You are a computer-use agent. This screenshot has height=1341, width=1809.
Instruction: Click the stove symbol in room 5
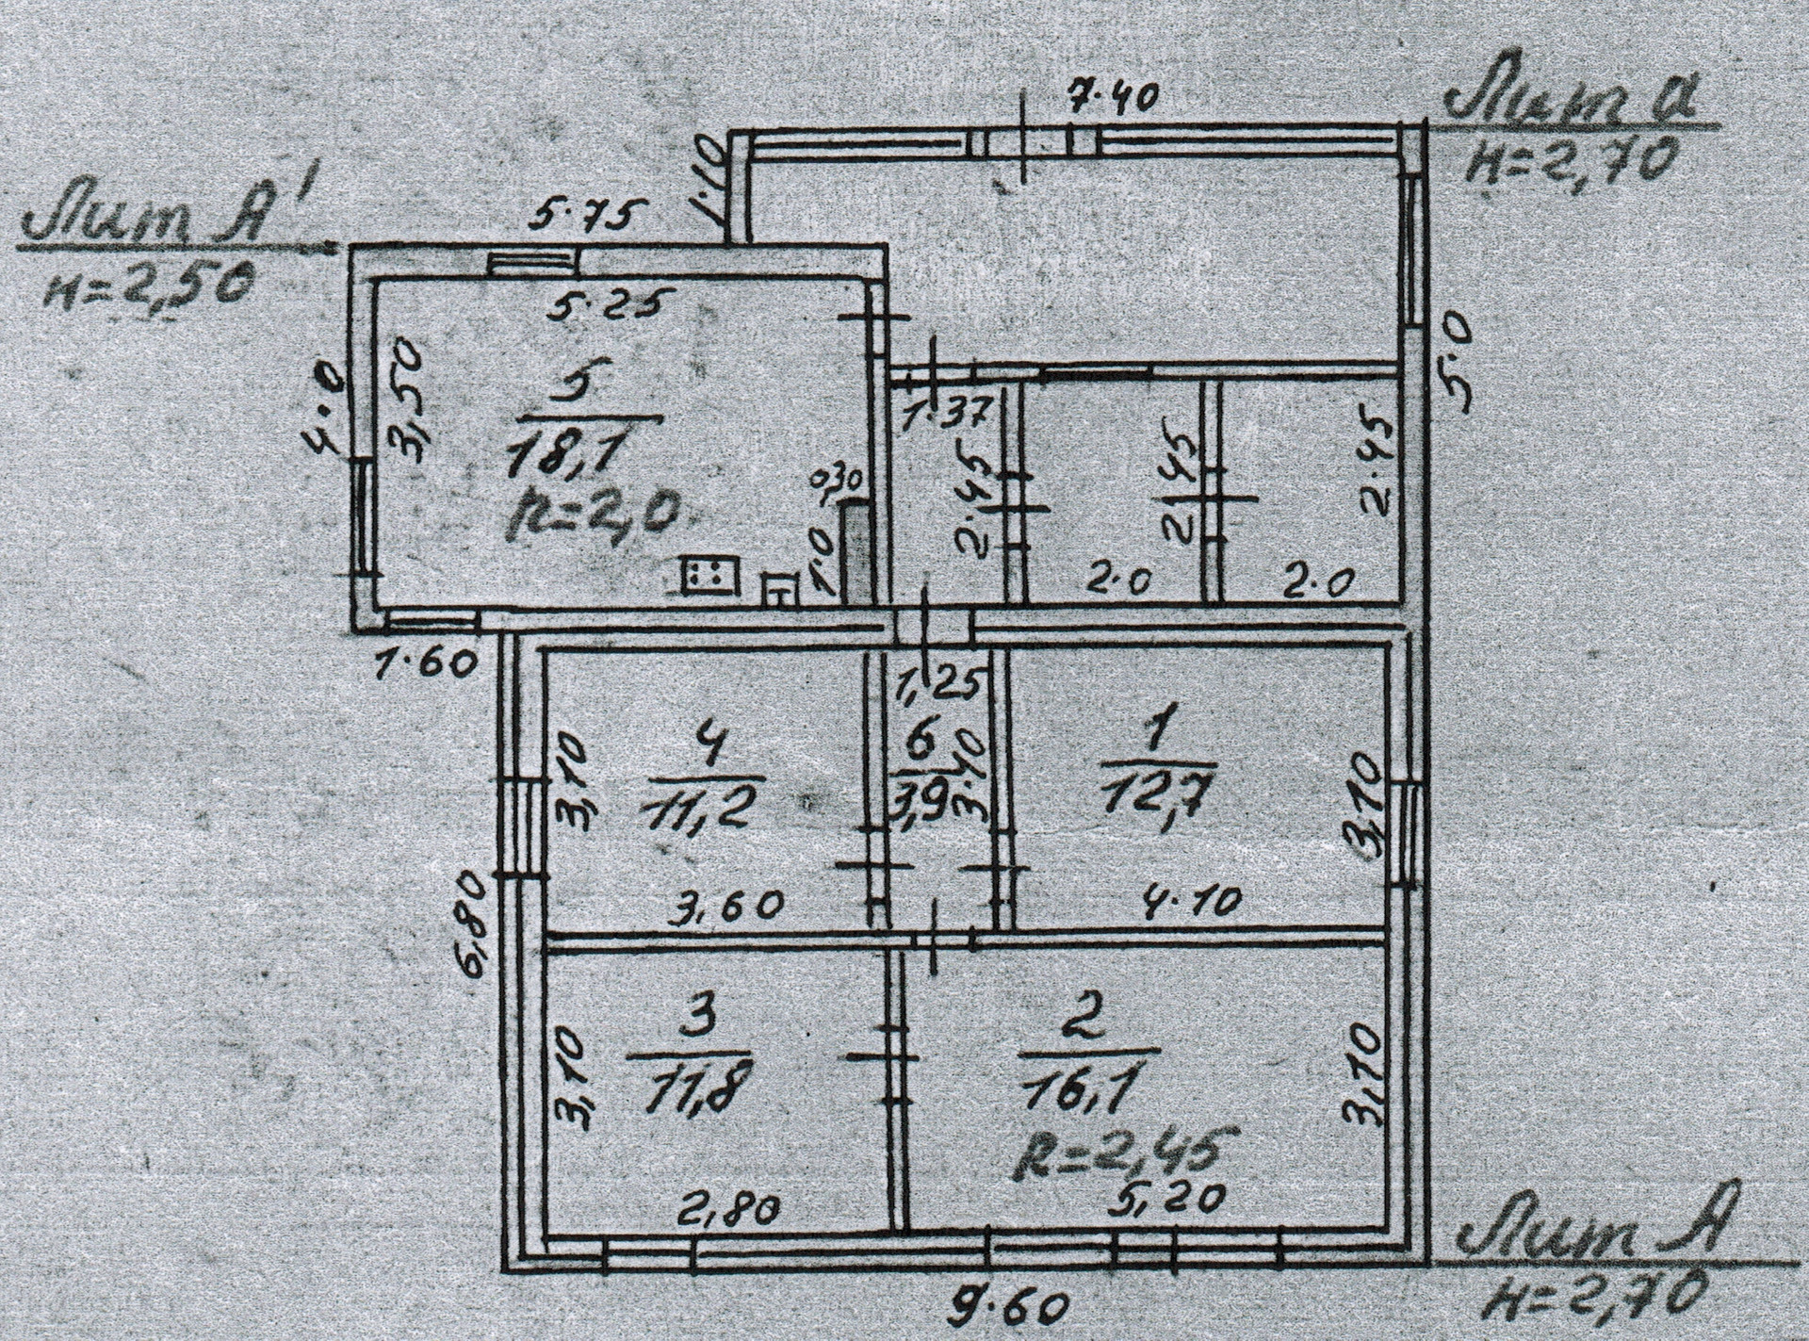710,576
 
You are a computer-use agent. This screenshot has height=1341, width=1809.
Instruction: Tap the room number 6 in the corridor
920,742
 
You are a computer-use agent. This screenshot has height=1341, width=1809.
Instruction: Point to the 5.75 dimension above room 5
586,216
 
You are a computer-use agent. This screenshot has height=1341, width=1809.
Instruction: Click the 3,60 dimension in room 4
725,906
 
